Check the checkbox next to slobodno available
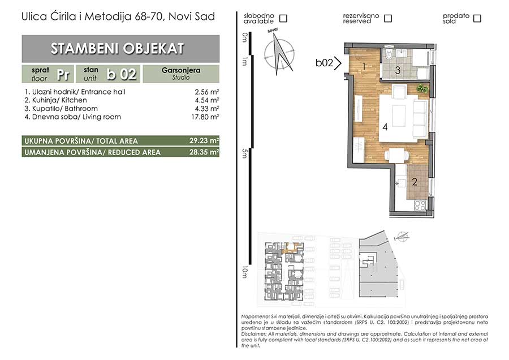coord(283,19)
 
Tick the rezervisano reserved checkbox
coord(387,19)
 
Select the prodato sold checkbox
coord(477,19)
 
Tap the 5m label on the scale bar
coord(245,153)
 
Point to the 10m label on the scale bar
coord(245,272)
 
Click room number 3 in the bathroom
coord(398,70)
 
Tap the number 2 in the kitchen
coord(415,182)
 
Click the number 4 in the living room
coord(385,127)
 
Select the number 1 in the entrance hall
coord(364,67)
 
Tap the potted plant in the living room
coord(422,88)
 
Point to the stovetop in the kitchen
coord(420,205)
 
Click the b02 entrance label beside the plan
coord(324,62)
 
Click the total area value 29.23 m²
coord(204,141)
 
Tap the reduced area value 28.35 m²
coord(204,152)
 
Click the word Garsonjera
coord(181,70)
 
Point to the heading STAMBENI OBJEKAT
coord(117,49)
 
